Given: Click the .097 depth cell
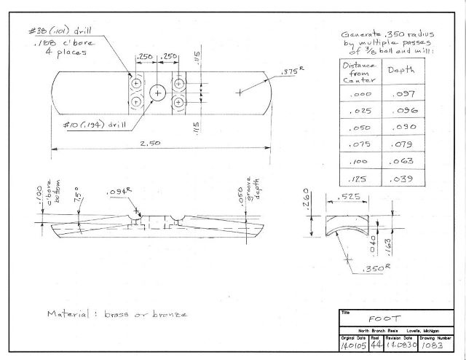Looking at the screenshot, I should (x=403, y=95).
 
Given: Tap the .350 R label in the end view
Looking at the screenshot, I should (x=372, y=269).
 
